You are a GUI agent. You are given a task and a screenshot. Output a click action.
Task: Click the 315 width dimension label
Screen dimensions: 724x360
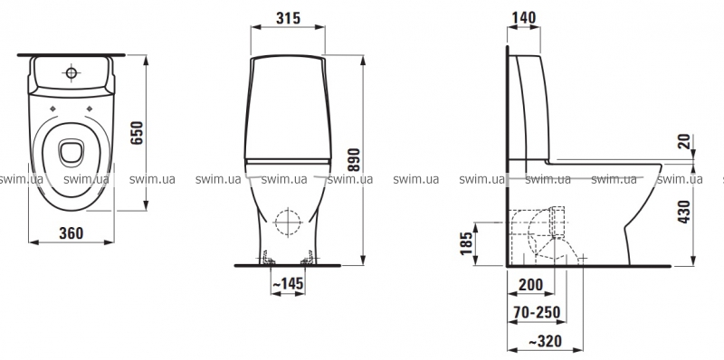(x=288, y=18)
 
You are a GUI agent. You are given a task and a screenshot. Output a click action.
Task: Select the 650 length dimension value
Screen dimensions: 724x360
(x=138, y=133)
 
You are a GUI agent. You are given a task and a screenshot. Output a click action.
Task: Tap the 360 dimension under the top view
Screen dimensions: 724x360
(x=71, y=233)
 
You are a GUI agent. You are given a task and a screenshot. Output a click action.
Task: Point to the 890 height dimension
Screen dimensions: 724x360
(x=354, y=160)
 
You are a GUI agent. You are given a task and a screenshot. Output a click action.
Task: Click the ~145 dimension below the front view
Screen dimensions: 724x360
(x=288, y=284)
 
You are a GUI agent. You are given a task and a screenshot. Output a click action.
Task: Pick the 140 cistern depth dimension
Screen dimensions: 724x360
(x=524, y=17)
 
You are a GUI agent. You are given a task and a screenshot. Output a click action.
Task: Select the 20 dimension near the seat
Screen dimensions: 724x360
(x=686, y=141)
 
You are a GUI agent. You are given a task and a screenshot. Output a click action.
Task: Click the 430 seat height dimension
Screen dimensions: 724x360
(x=685, y=212)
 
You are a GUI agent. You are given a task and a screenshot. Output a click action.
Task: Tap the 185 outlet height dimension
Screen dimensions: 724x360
(x=467, y=243)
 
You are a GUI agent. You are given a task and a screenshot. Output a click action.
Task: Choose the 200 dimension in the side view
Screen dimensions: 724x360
(x=530, y=284)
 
